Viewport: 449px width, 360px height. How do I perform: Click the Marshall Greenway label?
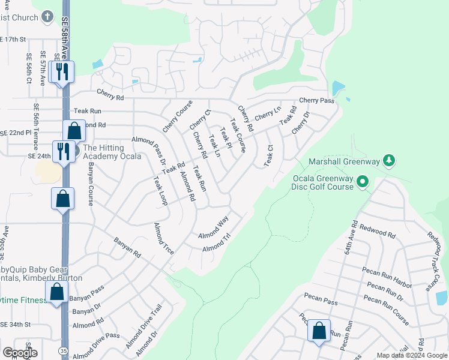(x=345, y=161)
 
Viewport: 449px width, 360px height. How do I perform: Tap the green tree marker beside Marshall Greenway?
(x=390, y=160)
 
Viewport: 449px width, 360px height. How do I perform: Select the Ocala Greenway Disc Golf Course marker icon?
(x=362, y=181)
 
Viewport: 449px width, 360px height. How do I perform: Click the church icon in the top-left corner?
(x=48, y=16)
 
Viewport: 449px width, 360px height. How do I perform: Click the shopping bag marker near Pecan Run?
(x=319, y=331)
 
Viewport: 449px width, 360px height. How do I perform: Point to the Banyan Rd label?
(x=127, y=247)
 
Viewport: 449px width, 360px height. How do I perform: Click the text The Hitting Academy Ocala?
(x=112, y=152)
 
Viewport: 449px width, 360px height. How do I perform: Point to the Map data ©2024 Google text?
(x=411, y=355)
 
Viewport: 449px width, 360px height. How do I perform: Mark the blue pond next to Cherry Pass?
(x=338, y=89)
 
